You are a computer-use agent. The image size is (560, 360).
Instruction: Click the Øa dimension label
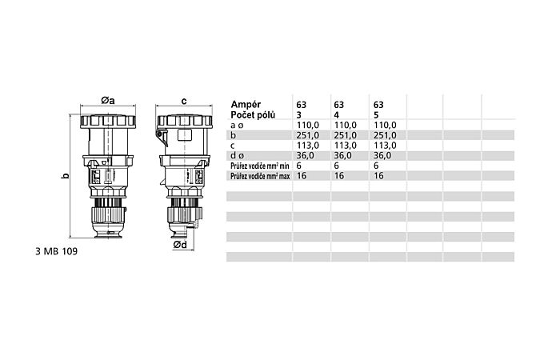(x=109, y=100)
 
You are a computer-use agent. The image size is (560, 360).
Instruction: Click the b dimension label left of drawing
(x=66, y=175)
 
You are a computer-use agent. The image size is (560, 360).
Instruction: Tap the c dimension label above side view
(x=184, y=101)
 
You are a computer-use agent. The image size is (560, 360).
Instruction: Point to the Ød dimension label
(x=180, y=245)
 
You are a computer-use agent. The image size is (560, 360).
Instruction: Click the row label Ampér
(x=247, y=105)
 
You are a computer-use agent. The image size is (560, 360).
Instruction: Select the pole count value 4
(x=335, y=115)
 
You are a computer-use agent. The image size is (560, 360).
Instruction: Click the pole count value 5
(x=374, y=115)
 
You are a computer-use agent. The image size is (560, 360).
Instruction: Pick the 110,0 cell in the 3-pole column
(x=308, y=126)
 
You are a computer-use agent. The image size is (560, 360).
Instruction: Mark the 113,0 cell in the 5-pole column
(x=384, y=146)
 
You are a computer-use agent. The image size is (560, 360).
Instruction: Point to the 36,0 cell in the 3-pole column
(x=306, y=155)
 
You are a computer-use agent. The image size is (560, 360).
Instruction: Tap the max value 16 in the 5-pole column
(x=378, y=175)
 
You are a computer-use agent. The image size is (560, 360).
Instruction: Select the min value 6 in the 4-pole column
(x=335, y=165)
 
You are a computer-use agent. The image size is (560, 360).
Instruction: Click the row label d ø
(x=238, y=155)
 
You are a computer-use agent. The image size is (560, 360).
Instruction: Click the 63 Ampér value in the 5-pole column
(x=378, y=105)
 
